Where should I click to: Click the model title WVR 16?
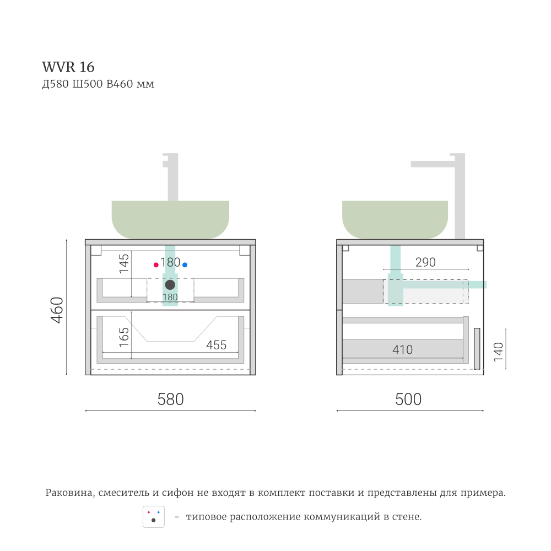pyautogui.click(x=68, y=67)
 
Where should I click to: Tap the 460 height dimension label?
pyautogui.click(x=57, y=310)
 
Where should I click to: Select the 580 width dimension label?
pyautogui.click(x=170, y=399)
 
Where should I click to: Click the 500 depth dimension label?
pyautogui.click(x=408, y=399)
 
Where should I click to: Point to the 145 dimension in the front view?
pyautogui.click(x=125, y=263)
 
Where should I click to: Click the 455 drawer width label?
pyautogui.click(x=216, y=345)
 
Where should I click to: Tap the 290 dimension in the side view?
pyautogui.click(x=425, y=263)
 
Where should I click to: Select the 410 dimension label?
pyautogui.click(x=403, y=349)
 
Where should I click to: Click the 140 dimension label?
pyautogui.click(x=499, y=352)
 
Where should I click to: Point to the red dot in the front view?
pyautogui.click(x=156, y=265)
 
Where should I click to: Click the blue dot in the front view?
pyautogui.click(x=185, y=265)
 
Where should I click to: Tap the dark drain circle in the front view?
pyautogui.click(x=170, y=285)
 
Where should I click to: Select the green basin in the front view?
pyautogui.click(x=170, y=219)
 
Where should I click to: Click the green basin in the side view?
pyautogui.click(x=395, y=219)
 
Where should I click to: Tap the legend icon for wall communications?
pyautogui.click(x=154, y=517)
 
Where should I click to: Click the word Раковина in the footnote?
pyautogui.click(x=69, y=493)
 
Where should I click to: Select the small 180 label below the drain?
pyautogui.click(x=170, y=298)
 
